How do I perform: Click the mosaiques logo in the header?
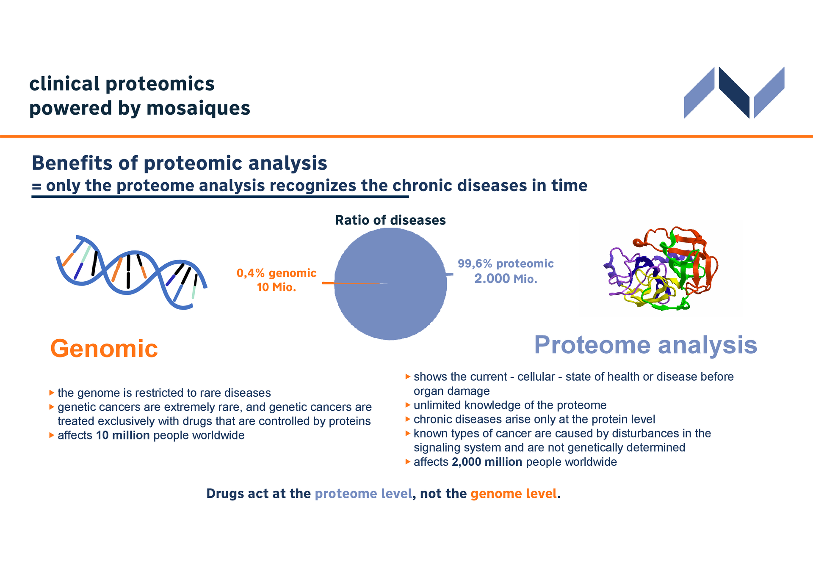(x=734, y=92)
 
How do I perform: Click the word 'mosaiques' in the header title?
(x=198, y=108)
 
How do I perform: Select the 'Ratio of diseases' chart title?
(x=390, y=220)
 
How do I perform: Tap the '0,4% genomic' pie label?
(x=277, y=273)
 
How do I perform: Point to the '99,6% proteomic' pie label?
(x=506, y=264)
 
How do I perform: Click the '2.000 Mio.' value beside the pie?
(x=506, y=279)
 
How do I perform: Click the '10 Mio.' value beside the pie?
(x=277, y=287)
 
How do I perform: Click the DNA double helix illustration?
(x=132, y=272)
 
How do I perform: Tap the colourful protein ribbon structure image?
(x=661, y=268)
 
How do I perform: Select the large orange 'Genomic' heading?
(x=104, y=349)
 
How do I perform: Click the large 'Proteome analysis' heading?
(x=646, y=345)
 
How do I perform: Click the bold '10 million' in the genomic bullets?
(x=123, y=435)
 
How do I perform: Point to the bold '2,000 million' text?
(x=487, y=462)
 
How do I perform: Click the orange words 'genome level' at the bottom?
(x=514, y=494)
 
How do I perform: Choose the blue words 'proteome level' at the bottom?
(x=363, y=494)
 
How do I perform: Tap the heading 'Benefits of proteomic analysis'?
(x=180, y=163)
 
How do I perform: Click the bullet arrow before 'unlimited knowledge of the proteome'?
(x=408, y=405)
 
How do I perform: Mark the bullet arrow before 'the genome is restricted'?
(x=52, y=393)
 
